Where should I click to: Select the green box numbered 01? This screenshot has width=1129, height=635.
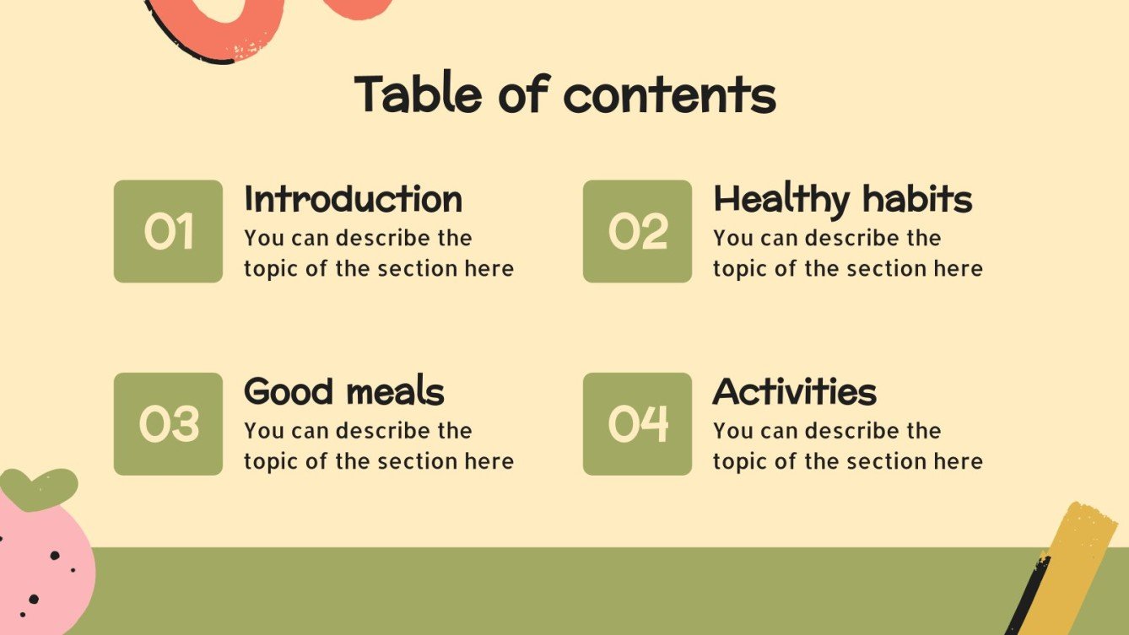click(168, 231)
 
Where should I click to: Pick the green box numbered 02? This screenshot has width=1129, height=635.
click(637, 231)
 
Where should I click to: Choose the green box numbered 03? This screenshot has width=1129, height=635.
click(168, 423)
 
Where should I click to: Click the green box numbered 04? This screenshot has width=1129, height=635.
click(637, 423)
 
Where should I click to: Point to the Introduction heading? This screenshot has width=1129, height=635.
click(353, 200)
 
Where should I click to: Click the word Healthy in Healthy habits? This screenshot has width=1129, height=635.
click(781, 201)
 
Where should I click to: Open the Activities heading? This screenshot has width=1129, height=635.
click(794, 392)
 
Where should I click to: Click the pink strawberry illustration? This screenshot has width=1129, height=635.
click(42, 565)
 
